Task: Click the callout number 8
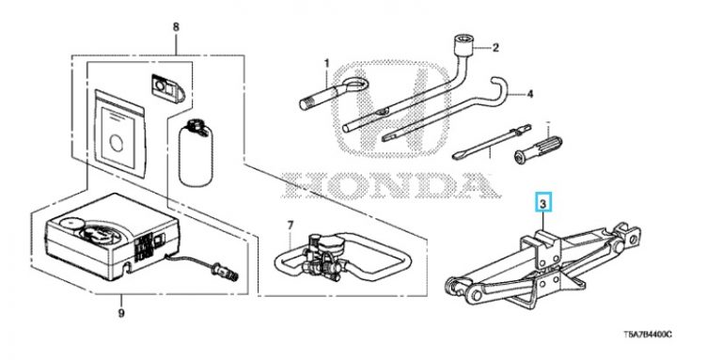[176, 26]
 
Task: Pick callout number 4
[529, 94]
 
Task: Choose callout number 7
[290, 226]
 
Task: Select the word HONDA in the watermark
[389, 184]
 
